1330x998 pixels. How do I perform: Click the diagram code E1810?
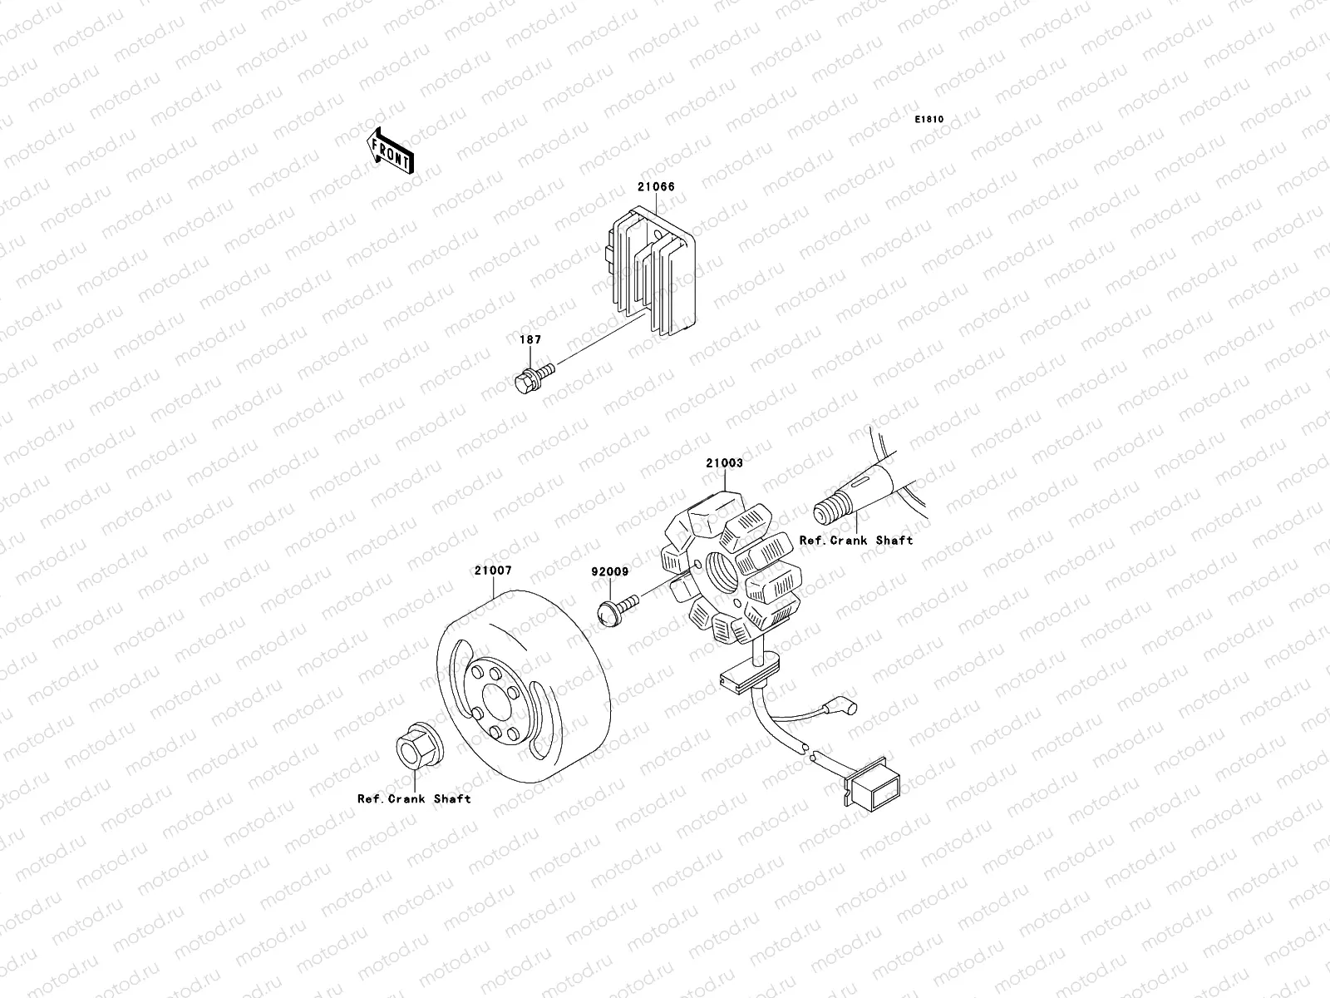pos(929,120)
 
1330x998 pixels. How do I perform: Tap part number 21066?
pos(656,186)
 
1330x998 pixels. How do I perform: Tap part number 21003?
pos(724,463)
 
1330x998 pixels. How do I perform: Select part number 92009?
pos(610,572)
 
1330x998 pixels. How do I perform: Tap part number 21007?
pos(493,571)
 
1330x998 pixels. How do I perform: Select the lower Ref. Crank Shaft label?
pos(414,799)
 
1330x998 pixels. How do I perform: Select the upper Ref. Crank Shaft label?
pos(856,541)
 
